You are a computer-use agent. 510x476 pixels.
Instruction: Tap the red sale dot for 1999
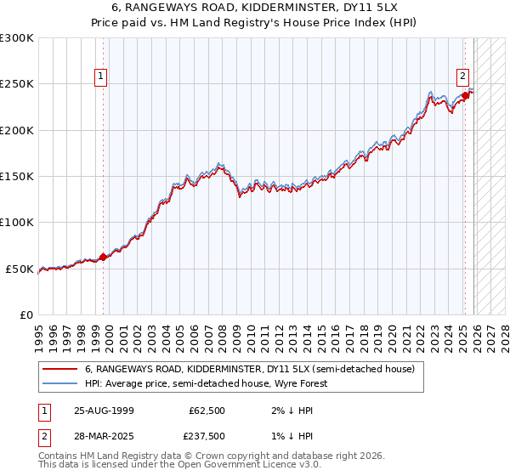coord(104,257)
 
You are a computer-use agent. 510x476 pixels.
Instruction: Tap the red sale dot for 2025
coord(466,95)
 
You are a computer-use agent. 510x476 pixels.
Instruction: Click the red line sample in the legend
coord(59,370)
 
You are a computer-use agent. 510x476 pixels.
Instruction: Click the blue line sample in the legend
coord(59,383)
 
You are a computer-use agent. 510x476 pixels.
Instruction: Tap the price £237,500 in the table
coord(207,435)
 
